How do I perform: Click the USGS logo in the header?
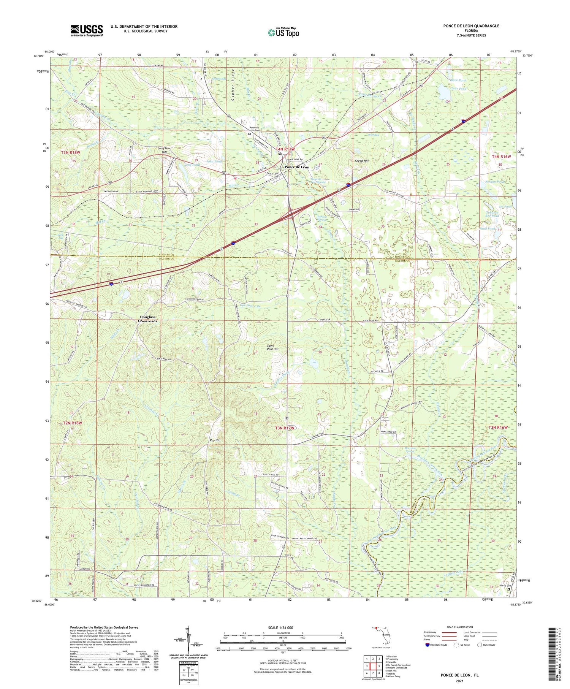[87, 30]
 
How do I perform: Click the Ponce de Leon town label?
[297, 167]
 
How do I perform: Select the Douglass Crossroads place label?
[148, 319]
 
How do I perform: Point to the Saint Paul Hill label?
[272, 347]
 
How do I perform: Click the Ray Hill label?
[215, 440]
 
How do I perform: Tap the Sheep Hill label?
[362, 161]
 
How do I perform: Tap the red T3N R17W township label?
[285, 428]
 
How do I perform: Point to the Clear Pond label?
[459, 89]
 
